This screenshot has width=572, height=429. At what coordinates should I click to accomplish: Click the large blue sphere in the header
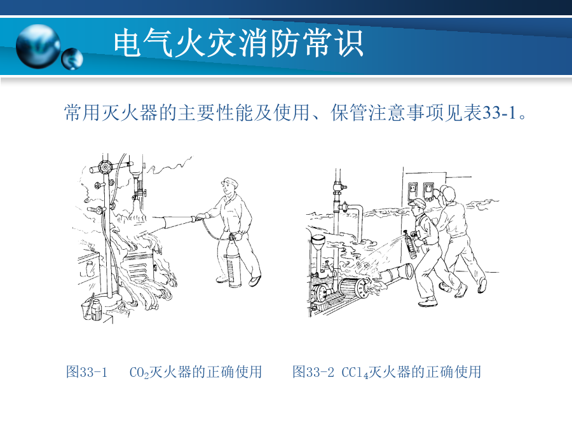[38, 46]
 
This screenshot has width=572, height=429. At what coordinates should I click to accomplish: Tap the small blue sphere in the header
[72, 58]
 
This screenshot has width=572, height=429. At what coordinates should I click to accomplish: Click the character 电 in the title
[127, 43]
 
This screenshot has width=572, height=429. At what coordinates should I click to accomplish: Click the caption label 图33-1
[87, 372]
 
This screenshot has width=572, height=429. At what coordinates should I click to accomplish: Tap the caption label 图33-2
[313, 372]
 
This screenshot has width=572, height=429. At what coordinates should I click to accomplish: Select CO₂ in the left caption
[139, 372]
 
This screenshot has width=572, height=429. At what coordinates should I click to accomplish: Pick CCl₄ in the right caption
[355, 372]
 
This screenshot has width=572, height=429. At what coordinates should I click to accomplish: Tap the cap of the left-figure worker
[230, 181]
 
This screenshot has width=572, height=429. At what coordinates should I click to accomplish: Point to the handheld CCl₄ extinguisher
[411, 245]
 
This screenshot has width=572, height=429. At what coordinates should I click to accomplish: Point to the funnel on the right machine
[319, 242]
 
